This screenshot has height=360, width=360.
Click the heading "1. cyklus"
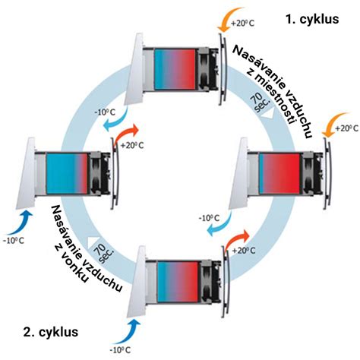pyautogui.click(x=312, y=19)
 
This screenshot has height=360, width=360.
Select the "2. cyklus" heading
pyautogui.click(x=51, y=332)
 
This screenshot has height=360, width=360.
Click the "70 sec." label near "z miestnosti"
pyautogui.click(x=261, y=103)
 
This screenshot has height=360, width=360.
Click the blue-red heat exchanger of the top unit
pyautogui.click(x=175, y=69)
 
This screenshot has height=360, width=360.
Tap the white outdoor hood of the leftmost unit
pyautogui.click(x=26, y=173)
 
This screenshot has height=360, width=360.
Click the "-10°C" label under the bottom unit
pyautogui.click(x=120, y=350)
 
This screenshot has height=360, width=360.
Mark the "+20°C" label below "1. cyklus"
pyautogui.click(x=242, y=23)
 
